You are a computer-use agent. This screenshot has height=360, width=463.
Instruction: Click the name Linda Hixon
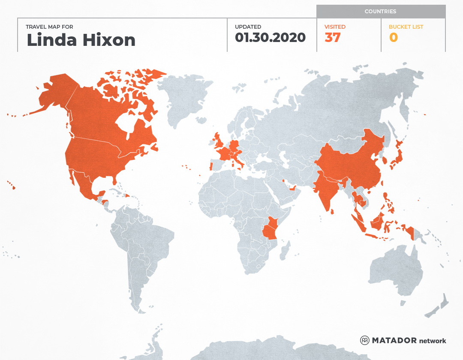pyautogui.click(x=81, y=40)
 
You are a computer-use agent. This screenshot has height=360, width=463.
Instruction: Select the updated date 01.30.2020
pyautogui.click(x=270, y=38)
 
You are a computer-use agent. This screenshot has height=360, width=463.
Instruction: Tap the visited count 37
pyautogui.click(x=333, y=38)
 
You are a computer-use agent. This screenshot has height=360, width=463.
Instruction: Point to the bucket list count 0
pyautogui.click(x=394, y=38)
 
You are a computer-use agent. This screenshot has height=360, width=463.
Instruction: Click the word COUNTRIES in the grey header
pyautogui.click(x=380, y=12)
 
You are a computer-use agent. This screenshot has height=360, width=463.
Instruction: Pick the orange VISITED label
pyautogui.click(x=335, y=27)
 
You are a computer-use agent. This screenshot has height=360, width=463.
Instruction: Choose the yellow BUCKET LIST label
pyautogui.click(x=406, y=27)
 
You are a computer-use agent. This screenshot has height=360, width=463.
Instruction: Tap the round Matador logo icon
pyautogui.click(x=365, y=340)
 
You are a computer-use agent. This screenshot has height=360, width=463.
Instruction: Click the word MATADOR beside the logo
pyautogui.click(x=394, y=340)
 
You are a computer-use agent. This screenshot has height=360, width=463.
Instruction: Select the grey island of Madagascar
pyautogui.click(x=284, y=251)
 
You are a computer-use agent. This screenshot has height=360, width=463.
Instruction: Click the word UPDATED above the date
pyautogui.click(x=248, y=27)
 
